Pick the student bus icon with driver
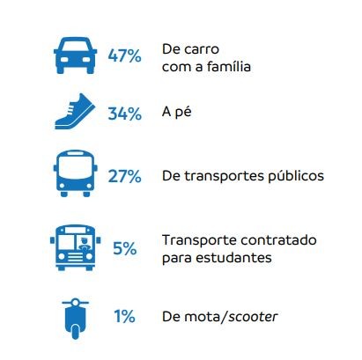click(x=72, y=246)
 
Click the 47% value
click(x=124, y=56)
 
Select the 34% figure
click(x=124, y=115)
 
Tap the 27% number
click(x=124, y=176)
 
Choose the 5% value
click(x=124, y=247)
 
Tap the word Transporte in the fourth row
click(x=196, y=240)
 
